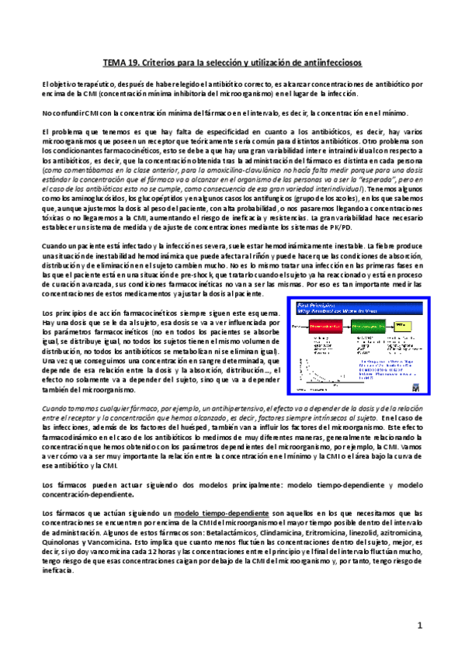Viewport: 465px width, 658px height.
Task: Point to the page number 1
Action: [419, 625]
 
